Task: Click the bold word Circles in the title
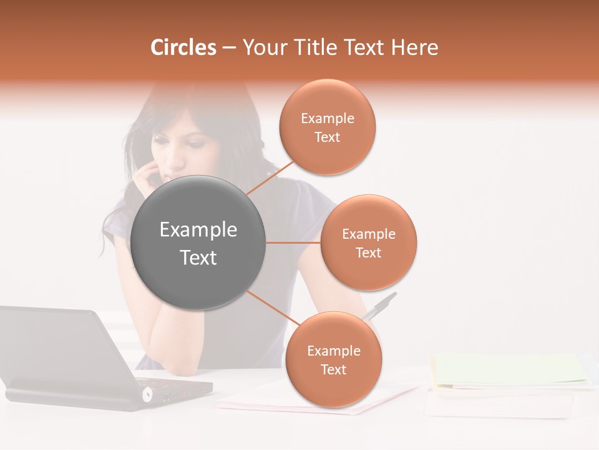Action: click(x=183, y=47)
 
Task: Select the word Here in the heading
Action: click(x=414, y=47)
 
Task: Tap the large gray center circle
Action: click(x=198, y=242)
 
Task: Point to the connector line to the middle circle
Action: click(x=293, y=242)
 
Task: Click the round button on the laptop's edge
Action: click(x=148, y=394)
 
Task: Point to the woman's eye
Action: click(x=195, y=144)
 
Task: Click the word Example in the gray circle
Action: click(x=198, y=230)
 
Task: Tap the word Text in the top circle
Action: click(x=328, y=137)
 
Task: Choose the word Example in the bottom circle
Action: click(x=333, y=351)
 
